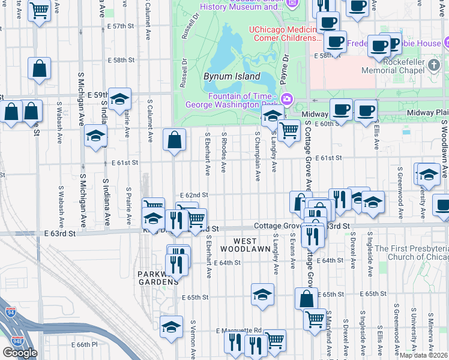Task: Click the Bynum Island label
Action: (x=232, y=77)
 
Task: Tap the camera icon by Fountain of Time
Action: (x=287, y=98)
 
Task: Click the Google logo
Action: (x=20, y=353)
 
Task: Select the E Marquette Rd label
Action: (x=239, y=330)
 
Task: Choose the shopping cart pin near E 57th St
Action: (x=39, y=10)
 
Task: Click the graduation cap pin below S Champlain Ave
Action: (x=262, y=294)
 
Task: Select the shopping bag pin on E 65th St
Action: (x=306, y=298)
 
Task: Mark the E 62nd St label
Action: (x=194, y=195)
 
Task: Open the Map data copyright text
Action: (x=424, y=355)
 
